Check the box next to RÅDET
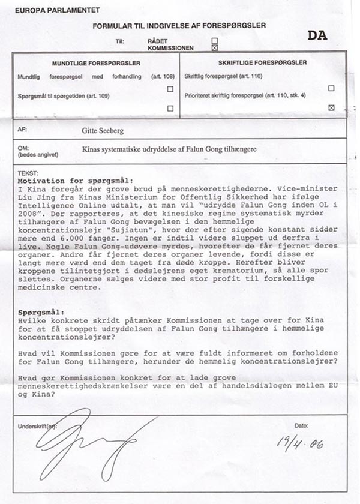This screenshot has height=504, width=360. point(215,41)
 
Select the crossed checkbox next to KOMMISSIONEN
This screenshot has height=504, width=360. point(215,48)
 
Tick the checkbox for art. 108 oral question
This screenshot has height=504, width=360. point(170,89)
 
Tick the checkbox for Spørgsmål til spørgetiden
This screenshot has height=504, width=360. point(170,109)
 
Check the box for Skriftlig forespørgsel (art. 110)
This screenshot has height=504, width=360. point(331,88)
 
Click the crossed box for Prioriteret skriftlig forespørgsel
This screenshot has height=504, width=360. point(331,108)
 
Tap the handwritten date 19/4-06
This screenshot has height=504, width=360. point(300,443)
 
